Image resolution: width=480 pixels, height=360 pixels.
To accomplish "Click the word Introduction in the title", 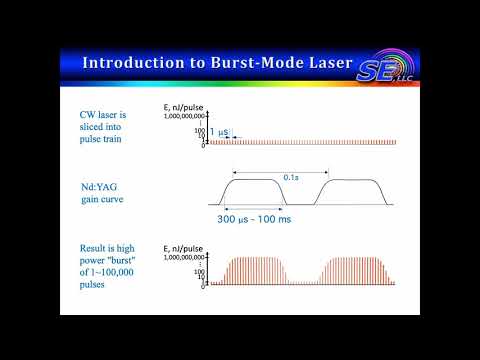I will click(129, 63).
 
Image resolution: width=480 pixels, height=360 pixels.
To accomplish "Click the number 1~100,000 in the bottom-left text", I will click(121, 273).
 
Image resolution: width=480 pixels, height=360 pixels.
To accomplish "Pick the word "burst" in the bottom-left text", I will click(124, 260).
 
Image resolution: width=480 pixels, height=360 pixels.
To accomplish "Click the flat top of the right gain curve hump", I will click(348, 180).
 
